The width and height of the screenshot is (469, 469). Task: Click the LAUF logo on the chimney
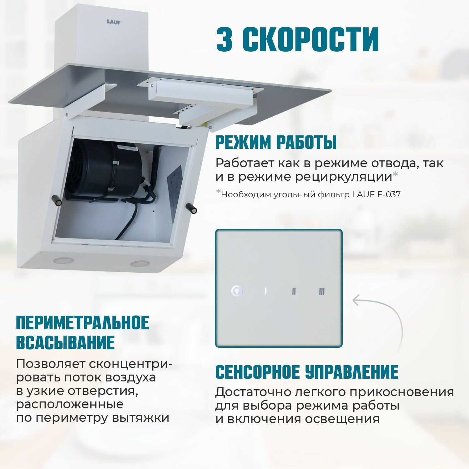tap(113, 22)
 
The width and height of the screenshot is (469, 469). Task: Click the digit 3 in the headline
tap(224, 39)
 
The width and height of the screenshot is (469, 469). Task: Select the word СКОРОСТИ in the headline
tap(311, 39)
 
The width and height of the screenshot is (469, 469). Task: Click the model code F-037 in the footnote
tap(389, 194)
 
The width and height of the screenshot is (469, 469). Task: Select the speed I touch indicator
tap(265, 291)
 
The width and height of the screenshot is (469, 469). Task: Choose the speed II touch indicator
tap(294, 291)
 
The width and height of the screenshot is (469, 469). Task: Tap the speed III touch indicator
tap(322, 291)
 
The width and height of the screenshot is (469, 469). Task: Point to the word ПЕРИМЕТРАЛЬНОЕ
tap(83, 323)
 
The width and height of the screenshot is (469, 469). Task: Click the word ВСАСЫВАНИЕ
tap(65, 342)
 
